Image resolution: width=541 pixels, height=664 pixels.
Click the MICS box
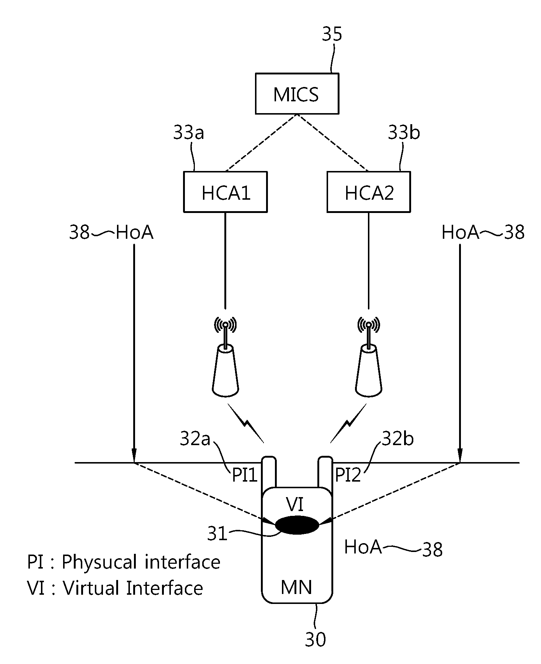[297, 94]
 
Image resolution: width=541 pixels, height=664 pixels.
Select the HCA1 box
[225, 192]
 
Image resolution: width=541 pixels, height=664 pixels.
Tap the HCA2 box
[369, 192]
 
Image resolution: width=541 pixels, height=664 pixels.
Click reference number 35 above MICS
[332, 35]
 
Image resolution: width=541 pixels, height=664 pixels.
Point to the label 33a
[189, 133]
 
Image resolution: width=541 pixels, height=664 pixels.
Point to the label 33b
[404, 133]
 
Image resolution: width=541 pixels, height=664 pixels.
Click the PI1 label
[244, 475]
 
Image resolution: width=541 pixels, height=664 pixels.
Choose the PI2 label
[348, 475]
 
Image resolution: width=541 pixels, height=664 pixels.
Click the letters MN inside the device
[296, 587]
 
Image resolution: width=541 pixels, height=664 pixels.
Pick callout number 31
[217, 534]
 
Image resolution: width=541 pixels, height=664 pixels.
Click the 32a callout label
[195, 439]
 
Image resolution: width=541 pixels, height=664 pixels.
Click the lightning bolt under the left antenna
[246, 423]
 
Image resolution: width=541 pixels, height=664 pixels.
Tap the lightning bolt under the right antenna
[348, 423]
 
